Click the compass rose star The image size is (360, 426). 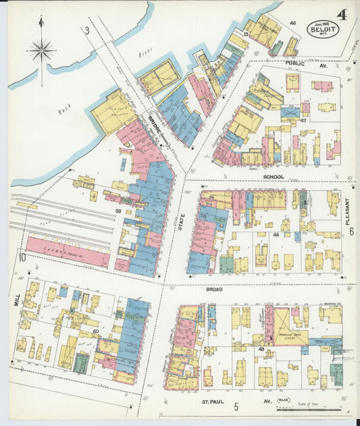42,49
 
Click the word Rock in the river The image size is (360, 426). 64,108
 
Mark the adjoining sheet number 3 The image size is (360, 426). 86,30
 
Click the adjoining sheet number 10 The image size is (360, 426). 22,257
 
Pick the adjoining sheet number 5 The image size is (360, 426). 236,407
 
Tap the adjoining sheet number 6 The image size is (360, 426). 351,231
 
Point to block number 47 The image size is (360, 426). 304,120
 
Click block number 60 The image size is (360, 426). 95,330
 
